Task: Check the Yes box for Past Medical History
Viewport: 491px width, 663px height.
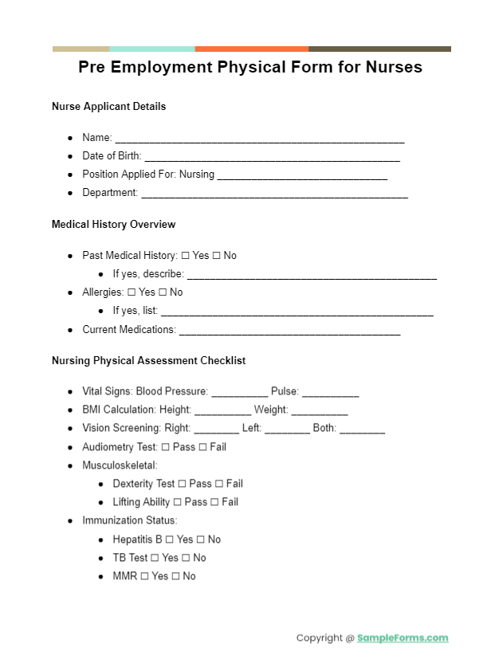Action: coord(185,256)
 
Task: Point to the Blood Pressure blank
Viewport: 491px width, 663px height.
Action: coord(240,394)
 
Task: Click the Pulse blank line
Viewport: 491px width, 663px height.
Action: coord(330,394)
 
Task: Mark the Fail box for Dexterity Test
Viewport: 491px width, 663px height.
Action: coord(218,484)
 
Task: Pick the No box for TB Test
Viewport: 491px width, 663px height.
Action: coord(186,558)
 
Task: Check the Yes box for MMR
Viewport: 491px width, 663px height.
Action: coord(144,576)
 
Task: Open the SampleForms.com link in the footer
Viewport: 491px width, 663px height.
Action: coord(403,637)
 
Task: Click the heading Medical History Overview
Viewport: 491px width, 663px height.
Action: coord(113,225)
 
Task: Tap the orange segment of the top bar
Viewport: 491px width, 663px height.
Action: coord(252,49)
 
